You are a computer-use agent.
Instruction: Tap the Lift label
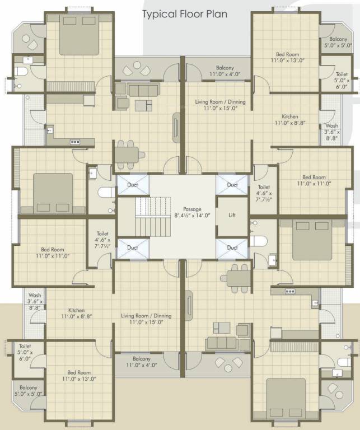[232, 215]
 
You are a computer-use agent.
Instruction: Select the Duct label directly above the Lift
[232, 185]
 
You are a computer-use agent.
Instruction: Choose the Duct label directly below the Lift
[232, 247]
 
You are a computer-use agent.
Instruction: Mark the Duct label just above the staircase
[133, 185]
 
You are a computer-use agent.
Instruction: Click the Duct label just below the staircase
[133, 247]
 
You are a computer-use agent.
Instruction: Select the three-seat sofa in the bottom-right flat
[221, 343]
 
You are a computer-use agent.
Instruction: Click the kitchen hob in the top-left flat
[75, 142]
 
